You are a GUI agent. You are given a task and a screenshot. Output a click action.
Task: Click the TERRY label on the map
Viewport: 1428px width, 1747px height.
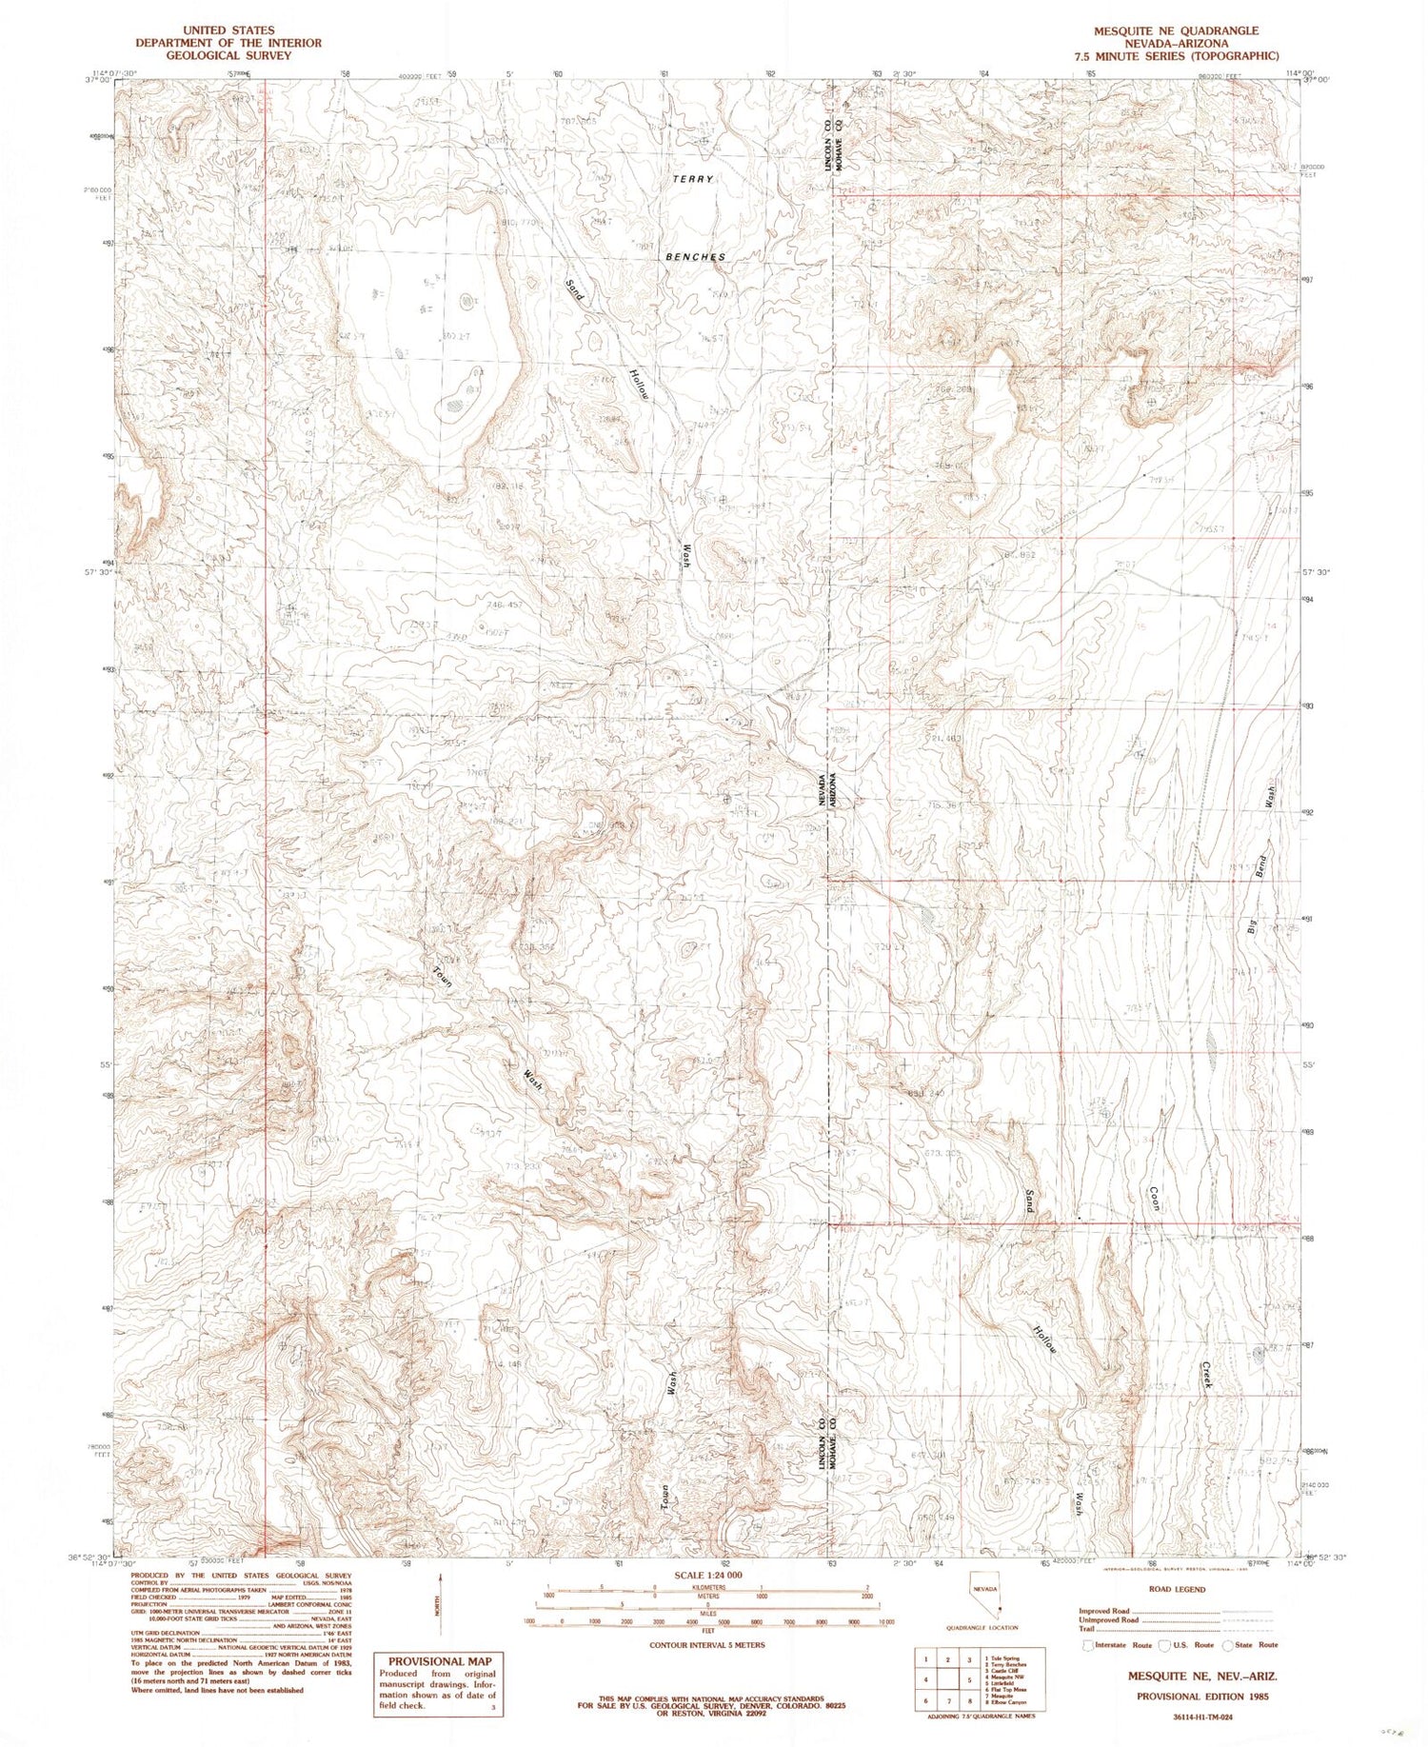click(x=692, y=179)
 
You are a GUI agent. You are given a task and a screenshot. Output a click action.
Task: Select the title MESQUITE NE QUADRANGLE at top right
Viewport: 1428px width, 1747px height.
click(x=1177, y=31)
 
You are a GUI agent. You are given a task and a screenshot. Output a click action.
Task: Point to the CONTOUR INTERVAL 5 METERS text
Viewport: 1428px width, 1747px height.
click(x=706, y=1645)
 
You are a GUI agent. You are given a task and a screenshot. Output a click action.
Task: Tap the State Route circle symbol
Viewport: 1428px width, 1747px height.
click(x=1229, y=1645)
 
